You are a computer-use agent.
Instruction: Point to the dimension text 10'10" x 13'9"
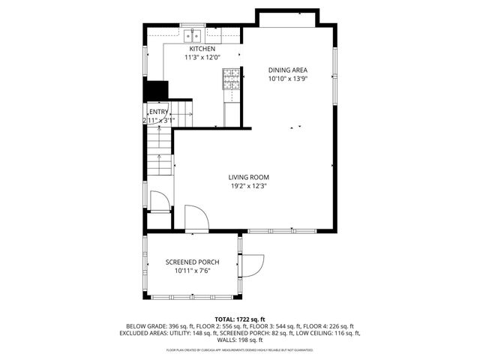[x=289, y=78]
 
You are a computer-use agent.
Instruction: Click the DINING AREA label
[x=289, y=70]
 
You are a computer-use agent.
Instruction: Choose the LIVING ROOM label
[x=249, y=177]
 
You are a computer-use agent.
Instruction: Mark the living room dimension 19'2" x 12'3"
[x=249, y=186]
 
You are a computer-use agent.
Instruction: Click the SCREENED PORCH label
[x=192, y=262]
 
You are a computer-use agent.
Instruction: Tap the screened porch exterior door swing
[x=253, y=265]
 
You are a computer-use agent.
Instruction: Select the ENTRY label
[x=158, y=112]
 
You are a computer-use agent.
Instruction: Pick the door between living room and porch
[x=195, y=217]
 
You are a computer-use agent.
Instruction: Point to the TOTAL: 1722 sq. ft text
[x=240, y=319]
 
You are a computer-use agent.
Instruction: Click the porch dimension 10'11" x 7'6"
[x=192, y=271]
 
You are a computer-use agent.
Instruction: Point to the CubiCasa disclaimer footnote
[x=240, y=349]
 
